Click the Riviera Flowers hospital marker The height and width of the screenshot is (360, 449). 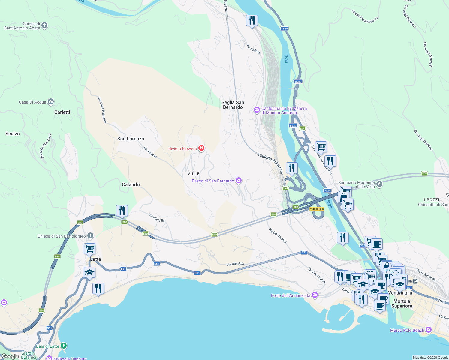(x=201, y=148)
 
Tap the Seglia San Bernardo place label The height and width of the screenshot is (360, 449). (x=233, y=105)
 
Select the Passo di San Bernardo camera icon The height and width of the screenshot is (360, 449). (x=239, y=181)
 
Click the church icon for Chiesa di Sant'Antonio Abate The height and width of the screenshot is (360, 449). (x=44, y=25)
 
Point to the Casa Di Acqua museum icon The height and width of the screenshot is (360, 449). (x=51, y=102)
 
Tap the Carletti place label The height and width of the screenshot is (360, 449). (x=62, y=112)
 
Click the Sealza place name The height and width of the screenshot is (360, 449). (x=13, y=133)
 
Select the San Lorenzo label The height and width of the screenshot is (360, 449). (x=131, y=139)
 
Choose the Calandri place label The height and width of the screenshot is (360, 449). (x=131, y=184)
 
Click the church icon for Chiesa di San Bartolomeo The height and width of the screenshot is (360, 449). (x=90, y=236)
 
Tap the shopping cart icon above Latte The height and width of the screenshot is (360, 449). (x=89, y=249)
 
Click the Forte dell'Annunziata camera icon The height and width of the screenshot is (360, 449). (x=315, y=295)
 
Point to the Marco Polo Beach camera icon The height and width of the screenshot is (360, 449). (x=428, y=330)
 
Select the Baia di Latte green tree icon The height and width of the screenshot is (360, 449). (x=63, y=346)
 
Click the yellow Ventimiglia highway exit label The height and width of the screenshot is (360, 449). (x=317, y=209)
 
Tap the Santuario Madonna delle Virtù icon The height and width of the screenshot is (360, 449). (x=379, y=184)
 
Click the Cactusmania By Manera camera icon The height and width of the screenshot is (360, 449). (x=257, y=110)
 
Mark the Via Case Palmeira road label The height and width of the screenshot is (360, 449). (x=102, y=109)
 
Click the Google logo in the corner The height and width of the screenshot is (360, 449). (x=10, y=356)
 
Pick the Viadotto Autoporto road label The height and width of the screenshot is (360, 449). (x=270, y=163)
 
